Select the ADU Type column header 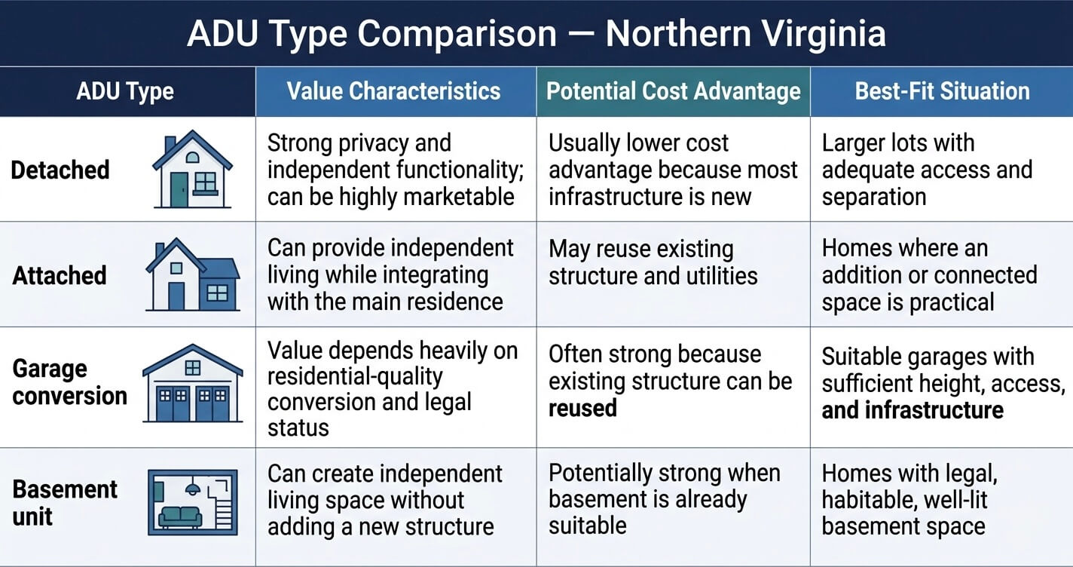point(125,91)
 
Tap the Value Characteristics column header point(394,91)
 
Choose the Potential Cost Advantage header point(674,91)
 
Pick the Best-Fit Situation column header point(942,91)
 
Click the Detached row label point(60,170)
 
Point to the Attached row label point(60,276)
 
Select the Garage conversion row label point(70,382)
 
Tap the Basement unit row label point(65,503)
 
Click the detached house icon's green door point(179,190)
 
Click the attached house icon point(193,274)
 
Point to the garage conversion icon point(193,383)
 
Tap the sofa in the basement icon point(180,516)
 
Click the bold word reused point(582,409)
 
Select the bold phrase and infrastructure point(913,410)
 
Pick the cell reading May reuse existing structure point(653,262)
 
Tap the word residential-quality point(355,377)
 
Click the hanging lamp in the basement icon point(193,486)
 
